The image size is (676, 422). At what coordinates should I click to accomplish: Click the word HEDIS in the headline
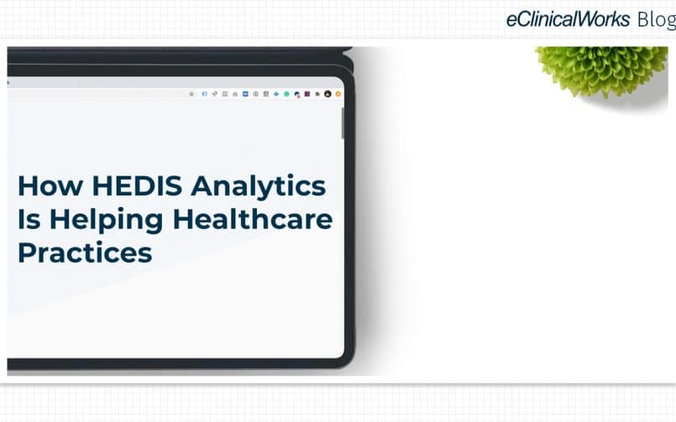(137, 186)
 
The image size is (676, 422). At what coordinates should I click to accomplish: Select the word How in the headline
(50, 186)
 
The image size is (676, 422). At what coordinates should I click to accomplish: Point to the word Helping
(106, 221)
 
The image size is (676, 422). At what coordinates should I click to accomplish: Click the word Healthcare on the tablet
(253, 219)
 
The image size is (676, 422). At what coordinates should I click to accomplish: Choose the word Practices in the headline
(85, 253)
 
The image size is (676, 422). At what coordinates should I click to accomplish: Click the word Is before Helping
(29, 219)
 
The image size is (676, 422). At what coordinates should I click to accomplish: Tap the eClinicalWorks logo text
(568, 19)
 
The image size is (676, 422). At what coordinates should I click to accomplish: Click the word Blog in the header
(656, 20)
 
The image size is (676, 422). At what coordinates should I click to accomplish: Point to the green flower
(602, 70)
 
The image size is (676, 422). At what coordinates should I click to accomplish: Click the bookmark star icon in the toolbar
(191, 94)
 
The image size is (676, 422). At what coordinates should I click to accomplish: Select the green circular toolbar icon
(286, 94)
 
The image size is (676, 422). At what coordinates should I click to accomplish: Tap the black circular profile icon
(328, 94)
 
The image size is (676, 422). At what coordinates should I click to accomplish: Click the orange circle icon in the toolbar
(338, 94)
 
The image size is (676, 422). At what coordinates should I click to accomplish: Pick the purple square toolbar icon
(307, 94)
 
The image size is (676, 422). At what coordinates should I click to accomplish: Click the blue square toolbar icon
(245, 94)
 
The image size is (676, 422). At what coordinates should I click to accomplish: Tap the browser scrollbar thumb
(343, 123)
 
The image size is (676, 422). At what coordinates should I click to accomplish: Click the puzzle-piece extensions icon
(317, 94)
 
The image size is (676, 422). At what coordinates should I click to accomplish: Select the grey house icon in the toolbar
(235, 94)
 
